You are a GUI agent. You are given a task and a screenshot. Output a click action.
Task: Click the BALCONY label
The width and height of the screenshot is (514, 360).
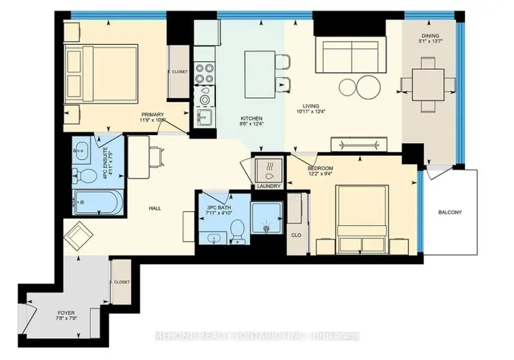click(x=449, y=212)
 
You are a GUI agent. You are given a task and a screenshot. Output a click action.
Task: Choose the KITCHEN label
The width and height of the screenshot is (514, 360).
click(x=253, y=116)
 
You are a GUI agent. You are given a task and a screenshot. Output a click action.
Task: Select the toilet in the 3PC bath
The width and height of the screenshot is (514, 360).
click(x=236, y=231)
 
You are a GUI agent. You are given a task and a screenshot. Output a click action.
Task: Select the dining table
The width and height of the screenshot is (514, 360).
click(x=427, y=83)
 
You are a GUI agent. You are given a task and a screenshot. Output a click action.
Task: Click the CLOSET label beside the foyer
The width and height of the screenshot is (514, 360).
click(x=122, y=282)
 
